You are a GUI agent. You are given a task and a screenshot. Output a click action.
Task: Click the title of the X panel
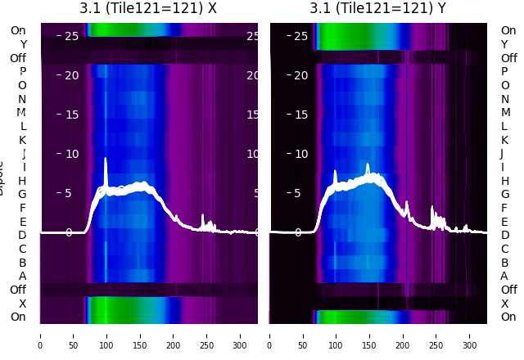tap(148, 8)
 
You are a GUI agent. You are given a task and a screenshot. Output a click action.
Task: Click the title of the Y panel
tap(378, 8)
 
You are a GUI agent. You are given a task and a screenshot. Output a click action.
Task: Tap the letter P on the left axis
tap(22, 71)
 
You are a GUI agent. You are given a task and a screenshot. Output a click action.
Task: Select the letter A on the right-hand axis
tap(504, 277)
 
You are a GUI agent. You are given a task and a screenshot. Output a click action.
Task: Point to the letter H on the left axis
tap(22, 181)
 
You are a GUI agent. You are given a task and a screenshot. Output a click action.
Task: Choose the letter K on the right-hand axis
tap(504, 140)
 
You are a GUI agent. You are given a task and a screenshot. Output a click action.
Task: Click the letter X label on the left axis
tap(22, 304)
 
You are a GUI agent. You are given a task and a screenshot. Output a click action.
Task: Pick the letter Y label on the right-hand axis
tap(504, 44)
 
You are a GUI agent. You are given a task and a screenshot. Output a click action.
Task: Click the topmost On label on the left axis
tap(18, 30)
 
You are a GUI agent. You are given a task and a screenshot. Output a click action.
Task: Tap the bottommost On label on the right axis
tap(508, 317)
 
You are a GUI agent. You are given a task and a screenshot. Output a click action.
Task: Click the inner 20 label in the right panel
tap(300, 75)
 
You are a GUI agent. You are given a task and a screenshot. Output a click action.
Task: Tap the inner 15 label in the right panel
tap(300, 115)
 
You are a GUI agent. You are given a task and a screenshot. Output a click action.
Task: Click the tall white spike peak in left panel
tap(106, 160)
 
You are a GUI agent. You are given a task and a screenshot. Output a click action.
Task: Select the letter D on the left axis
tap(22, 236)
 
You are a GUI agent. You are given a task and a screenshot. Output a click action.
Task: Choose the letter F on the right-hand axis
tap(504, 208)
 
